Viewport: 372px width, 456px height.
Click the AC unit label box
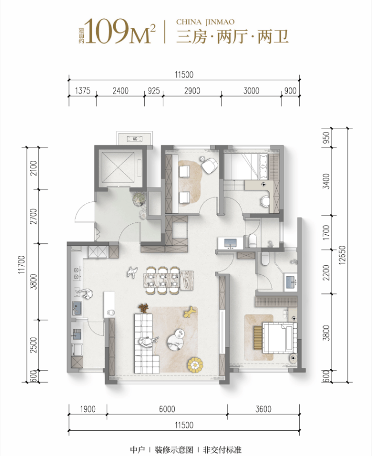click(135, 139)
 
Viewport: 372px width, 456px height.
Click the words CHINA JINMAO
click(205, 22)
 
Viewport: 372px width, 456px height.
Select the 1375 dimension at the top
click(83, 91)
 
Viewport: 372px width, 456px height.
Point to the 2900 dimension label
click(192, 91)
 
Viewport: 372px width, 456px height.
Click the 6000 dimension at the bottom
click(167, 409)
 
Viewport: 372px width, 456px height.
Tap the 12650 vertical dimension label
click(342, 255)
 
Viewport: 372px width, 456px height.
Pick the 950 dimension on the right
click(326, 137)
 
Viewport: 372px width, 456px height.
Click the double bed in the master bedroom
click(279, 338)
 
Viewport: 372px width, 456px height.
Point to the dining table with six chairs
click(168, 280)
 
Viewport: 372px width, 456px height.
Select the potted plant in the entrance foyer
click(139, 199)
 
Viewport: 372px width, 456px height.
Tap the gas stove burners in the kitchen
click(77, 273)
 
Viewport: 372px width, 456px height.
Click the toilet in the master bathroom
click(265, 259)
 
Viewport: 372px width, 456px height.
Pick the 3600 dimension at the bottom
click(263, 409)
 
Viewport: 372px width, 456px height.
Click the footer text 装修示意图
click(174, 450)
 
